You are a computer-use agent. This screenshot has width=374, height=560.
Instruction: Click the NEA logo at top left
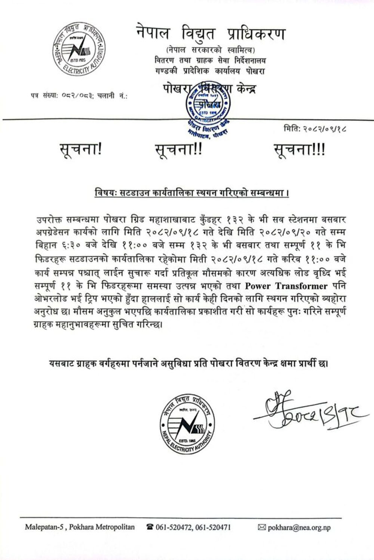tap(78, 50)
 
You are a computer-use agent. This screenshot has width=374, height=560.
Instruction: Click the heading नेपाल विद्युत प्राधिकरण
tap(211, 34)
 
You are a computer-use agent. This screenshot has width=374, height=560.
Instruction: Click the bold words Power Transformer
tap(286, 286)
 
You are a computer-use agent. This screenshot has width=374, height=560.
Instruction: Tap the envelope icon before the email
tap(262, 528)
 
